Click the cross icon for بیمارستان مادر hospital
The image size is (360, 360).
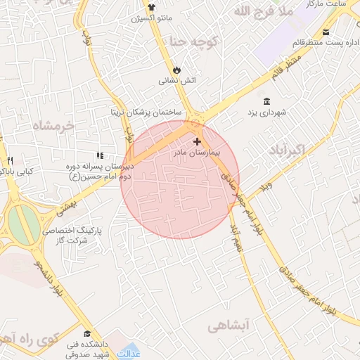[197, 141]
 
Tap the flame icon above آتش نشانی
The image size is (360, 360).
[176, 70]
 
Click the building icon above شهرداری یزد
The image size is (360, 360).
[266, 101]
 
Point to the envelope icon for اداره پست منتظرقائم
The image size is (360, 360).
[325, 32]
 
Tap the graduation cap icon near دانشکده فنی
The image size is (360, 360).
[87, 333]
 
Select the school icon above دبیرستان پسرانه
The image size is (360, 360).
[100, 155]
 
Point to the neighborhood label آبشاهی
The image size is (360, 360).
[229, 326]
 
